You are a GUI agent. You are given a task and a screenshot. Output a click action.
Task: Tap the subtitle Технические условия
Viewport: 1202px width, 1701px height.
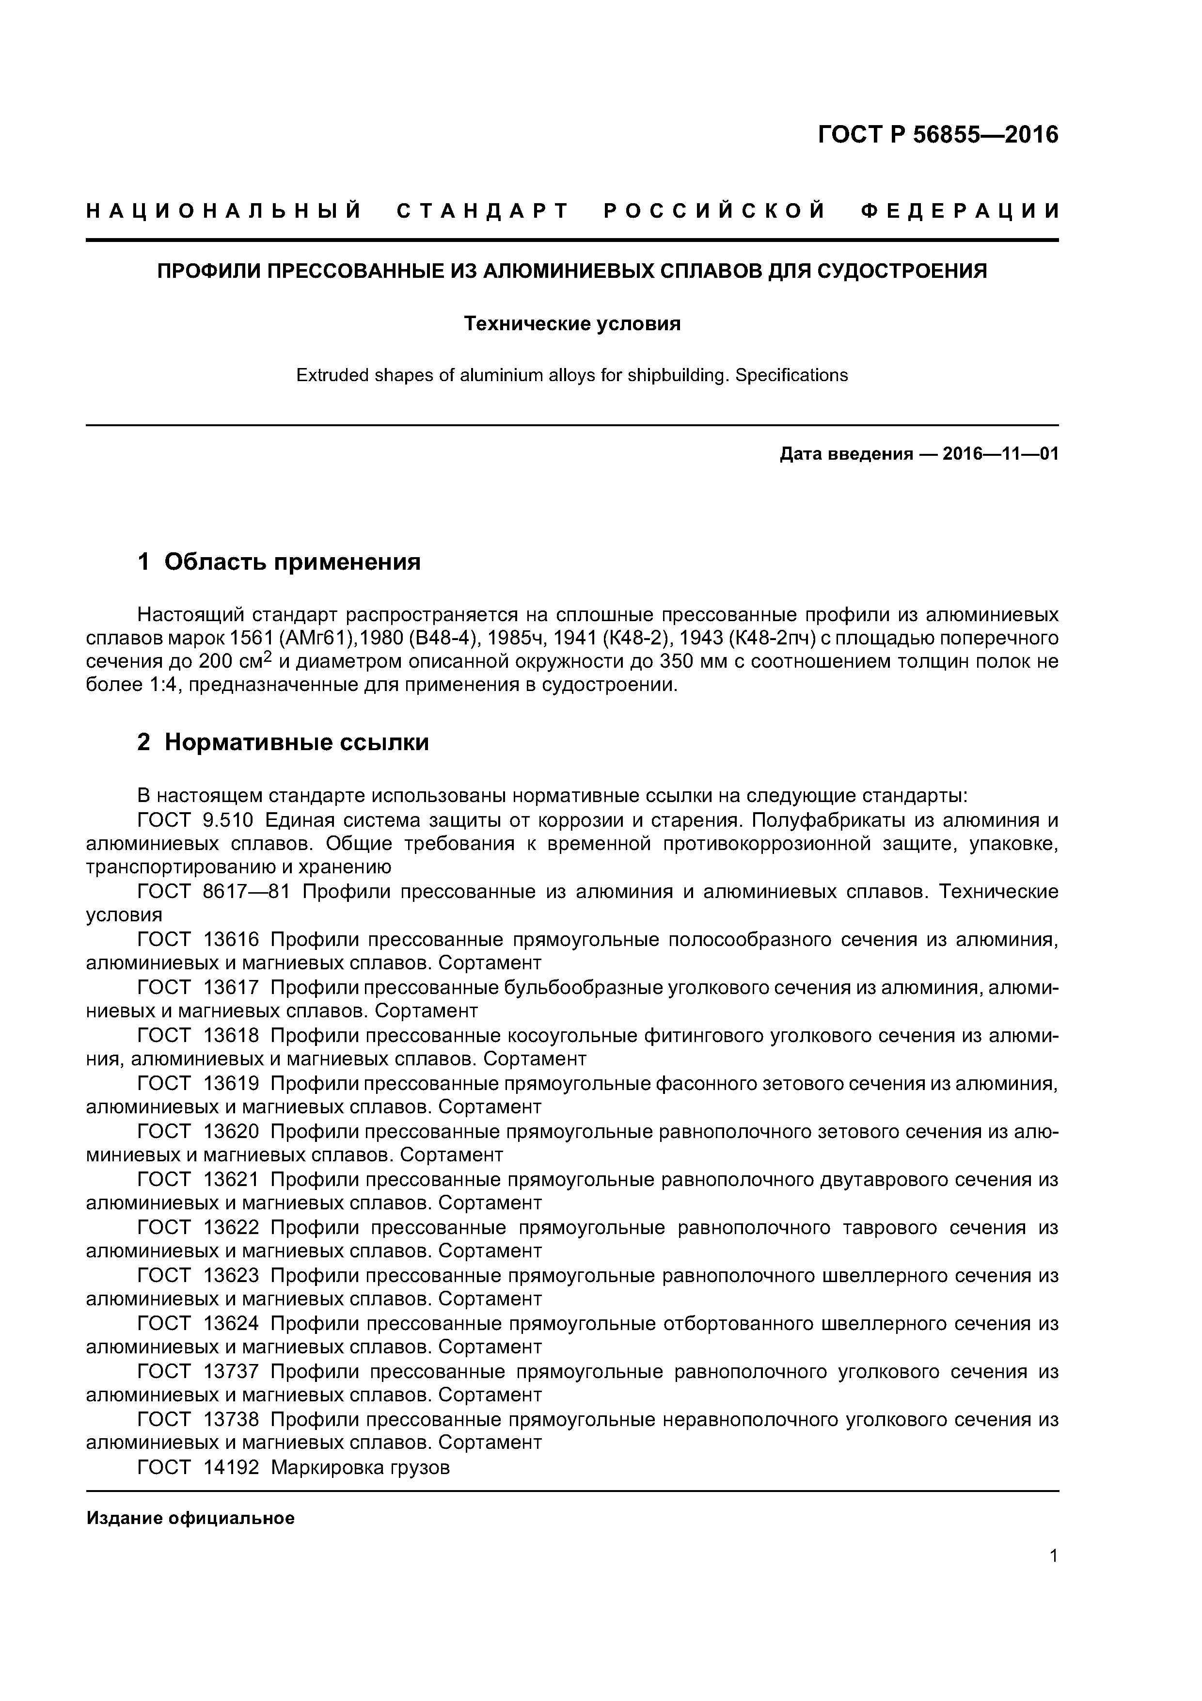[572, 324]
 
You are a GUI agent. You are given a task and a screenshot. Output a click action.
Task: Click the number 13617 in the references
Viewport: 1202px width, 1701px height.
[231, 988]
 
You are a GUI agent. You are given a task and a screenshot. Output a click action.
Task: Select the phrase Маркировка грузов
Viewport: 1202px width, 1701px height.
[360, 1468]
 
